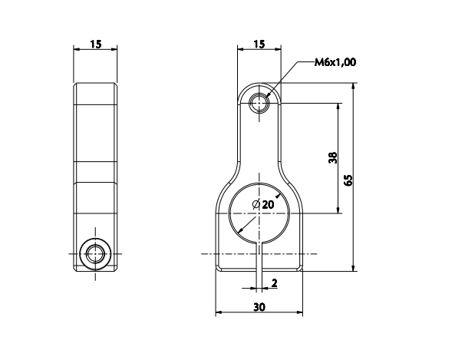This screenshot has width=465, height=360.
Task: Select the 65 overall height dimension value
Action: tap(348, 180)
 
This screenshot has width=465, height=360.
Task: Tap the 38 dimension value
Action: tap(331, 158)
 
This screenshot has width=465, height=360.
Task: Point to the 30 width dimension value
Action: tap(259, 306)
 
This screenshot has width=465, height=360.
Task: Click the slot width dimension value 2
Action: tap(274, 283)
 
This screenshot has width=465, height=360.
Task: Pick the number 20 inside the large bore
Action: tap(268, 204)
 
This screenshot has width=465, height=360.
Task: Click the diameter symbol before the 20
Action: tap(256, 204)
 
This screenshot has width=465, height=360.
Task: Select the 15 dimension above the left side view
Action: tap(96, 45)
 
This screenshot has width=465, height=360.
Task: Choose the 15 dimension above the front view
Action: tap(259, 45)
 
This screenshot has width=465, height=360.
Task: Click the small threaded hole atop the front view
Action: tap(260, 101)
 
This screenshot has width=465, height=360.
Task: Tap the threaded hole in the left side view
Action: tap(96, 253)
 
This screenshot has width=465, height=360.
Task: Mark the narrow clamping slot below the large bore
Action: tap(259, 257)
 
